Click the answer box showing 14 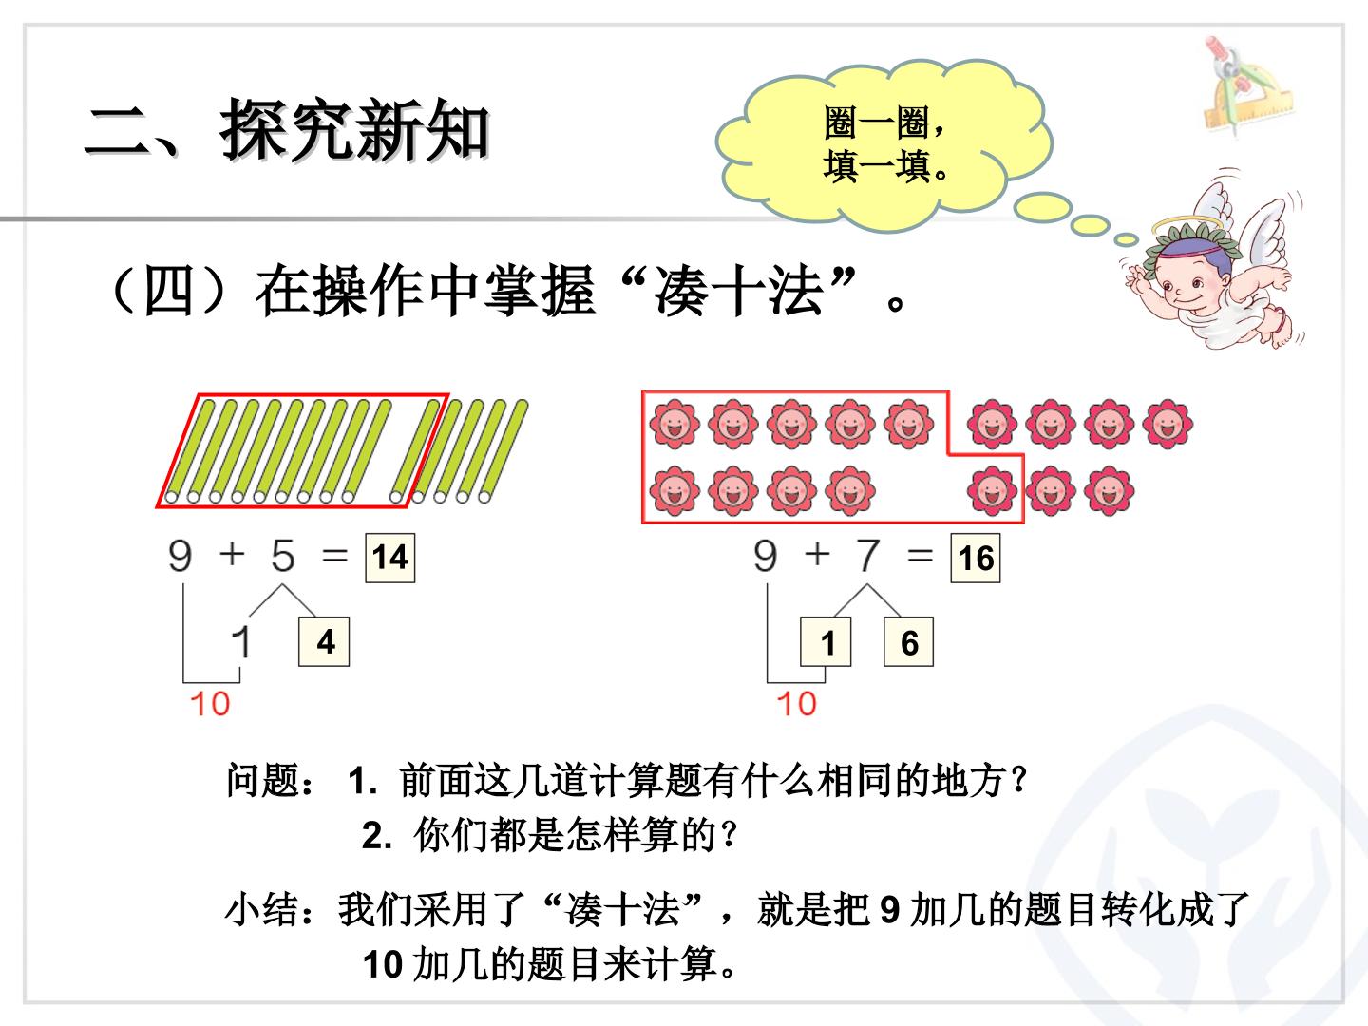tap(390, 558)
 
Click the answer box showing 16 tap(976, 558)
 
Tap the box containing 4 tap(324, 641)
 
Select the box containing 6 tap(909, 641)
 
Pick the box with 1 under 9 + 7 tap(826, 641)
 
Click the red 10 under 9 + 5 tap(210, 704)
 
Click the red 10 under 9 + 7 tap(796, 704)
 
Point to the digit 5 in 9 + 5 tap(283, 555)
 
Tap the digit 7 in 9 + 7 tap(868, 555)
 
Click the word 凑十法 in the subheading tap(738, 291)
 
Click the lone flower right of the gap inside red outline tap(992, 491)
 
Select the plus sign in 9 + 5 tap(232, 553)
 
